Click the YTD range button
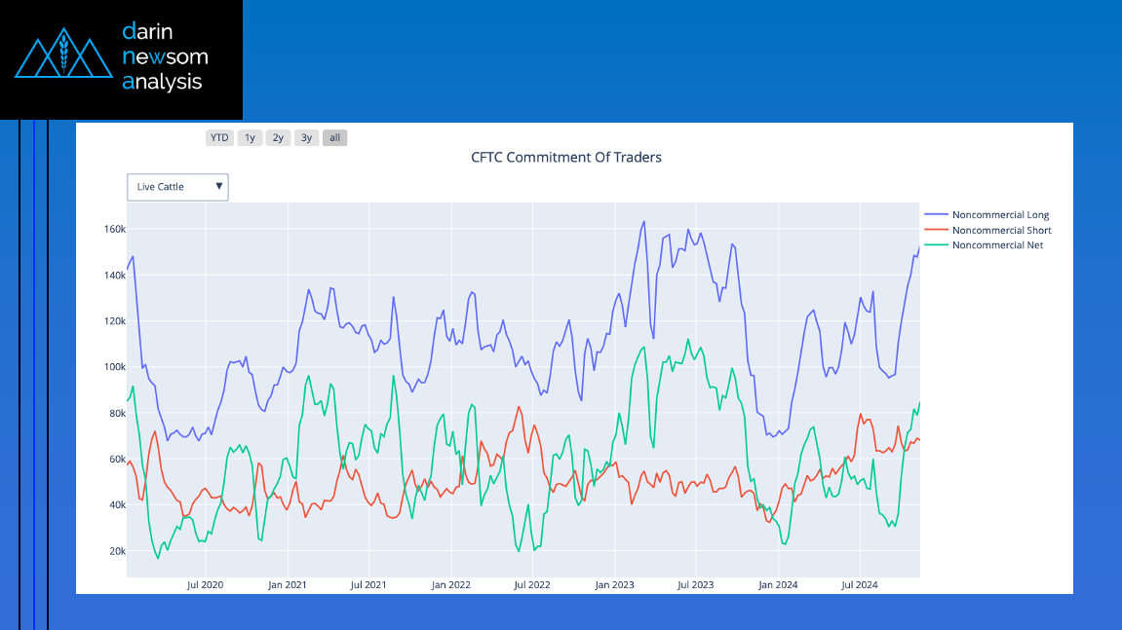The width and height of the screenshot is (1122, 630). point(219,138)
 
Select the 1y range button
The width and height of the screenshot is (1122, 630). point(250,138)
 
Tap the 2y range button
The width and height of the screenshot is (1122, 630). point(279,138)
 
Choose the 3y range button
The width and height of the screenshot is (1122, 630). point(306,138)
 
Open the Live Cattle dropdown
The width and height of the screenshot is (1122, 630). point(177,187)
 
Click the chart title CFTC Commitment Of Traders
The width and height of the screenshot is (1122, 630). point(566,158)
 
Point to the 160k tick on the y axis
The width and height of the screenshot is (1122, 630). point(114,230)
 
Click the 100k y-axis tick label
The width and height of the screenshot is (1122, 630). point(114,367)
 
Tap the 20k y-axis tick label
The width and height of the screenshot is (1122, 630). point(117,551)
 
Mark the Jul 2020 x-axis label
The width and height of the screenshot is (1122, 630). point(205,585)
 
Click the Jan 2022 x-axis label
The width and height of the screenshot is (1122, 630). point(450,585)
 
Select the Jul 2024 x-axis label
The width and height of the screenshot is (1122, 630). point(860,585)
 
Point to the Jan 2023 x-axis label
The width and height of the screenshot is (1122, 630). point(615,585)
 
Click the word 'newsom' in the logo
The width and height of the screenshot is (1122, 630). point(166,56)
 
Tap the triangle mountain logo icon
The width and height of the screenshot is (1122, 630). point(63,53)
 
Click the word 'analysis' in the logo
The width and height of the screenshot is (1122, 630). point(163,82)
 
